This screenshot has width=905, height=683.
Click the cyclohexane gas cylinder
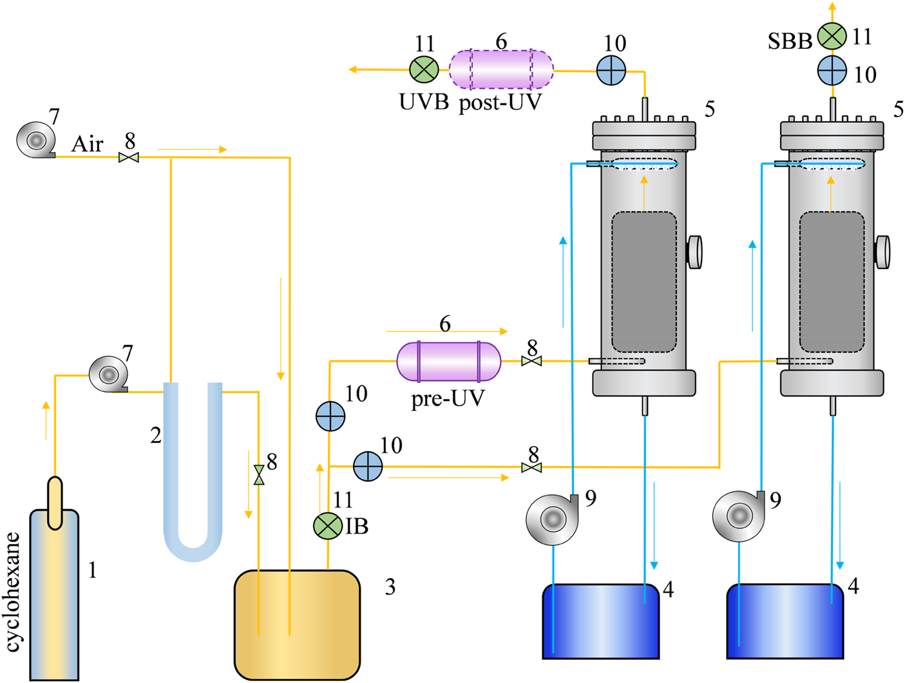(55, 592)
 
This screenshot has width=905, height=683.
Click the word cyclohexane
(13, 592)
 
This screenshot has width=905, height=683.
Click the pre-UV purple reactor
(448, 361)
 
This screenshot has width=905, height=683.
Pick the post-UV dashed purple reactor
(500, 69)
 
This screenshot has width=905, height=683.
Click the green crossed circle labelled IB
(328, 527)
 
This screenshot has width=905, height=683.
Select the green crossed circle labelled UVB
(424, 69)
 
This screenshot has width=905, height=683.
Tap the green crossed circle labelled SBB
(832, 35)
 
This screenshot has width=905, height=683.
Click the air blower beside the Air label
(35, 140)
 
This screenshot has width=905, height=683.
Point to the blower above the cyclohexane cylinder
(109, 374)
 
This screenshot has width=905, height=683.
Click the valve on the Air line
(129, 157)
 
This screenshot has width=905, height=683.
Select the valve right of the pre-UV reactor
(531, 361)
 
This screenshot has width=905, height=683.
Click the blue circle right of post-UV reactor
(611, 70)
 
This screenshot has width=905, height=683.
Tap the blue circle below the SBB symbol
(832, 70)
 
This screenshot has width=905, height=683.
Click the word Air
(87, 144)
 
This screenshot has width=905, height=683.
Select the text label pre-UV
(448, 398)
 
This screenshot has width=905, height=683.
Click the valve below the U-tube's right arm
(259, 475)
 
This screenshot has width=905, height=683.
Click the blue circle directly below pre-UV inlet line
(330, 416)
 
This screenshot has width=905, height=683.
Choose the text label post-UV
(500, 103)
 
